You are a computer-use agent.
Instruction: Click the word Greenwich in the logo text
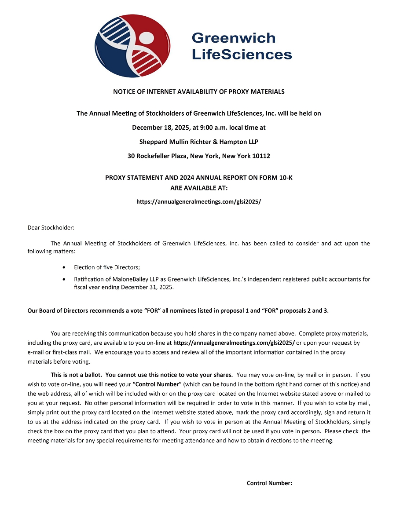[233, 38]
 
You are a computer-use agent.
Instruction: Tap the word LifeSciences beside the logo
[242, 55]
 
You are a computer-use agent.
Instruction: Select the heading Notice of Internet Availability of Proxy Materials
[198, 92]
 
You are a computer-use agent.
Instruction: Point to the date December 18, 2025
[164, 128]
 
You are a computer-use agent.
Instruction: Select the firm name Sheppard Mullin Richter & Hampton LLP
[198, 142]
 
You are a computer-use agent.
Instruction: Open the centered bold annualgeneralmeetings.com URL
[198, 202]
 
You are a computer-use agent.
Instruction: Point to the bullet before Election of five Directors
[65, 267]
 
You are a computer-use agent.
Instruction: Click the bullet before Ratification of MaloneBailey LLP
[65, 279]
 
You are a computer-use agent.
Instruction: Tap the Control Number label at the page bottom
[269, 483]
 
